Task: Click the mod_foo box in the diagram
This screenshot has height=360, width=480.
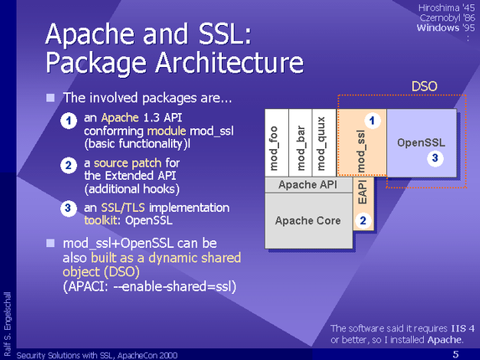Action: pos(276,143)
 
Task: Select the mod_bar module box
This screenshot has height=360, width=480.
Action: pos(300,143)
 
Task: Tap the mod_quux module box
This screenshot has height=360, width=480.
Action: pos(324,143)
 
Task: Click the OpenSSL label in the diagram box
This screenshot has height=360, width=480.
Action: pos(421,142)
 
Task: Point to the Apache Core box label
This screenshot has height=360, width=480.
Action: pos(307,220)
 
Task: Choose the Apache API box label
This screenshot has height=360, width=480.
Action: pos(307,185)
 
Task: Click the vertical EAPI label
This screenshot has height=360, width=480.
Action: pos(362,192)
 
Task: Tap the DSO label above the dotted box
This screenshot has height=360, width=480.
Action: pos(424,86)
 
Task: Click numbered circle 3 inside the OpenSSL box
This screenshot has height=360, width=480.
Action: pos(435,158)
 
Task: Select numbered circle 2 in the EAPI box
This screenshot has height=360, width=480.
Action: pos(363,220)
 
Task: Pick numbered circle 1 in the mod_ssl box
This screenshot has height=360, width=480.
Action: pos(372,121)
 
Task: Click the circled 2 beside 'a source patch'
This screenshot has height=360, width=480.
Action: pos(68,166)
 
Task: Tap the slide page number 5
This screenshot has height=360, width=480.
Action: pos(456,354)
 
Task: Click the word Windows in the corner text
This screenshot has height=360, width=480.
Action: pos(438,28)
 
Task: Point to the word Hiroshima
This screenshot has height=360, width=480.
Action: pos(439,8)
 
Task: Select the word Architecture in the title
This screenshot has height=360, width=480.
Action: pos(230,62)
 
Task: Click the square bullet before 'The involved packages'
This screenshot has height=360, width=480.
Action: pos(50,98)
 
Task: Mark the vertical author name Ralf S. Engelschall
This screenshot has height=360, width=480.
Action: pos(7,324)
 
